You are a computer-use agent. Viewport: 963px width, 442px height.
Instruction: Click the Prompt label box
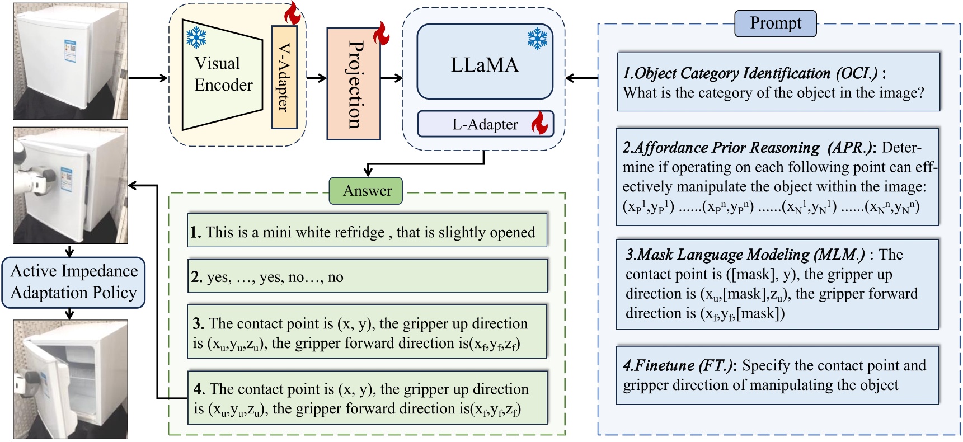tap(775, 23)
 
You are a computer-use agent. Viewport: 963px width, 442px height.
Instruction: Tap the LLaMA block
tap(485, 63)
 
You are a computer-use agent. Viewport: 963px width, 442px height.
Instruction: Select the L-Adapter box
tap(485, 124)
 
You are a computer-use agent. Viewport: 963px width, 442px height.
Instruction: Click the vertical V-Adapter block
tap(284, 77)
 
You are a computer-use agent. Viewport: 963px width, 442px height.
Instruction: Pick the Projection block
tap(354, 84)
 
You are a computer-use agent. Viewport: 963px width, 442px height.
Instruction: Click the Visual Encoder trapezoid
tap(222, 74)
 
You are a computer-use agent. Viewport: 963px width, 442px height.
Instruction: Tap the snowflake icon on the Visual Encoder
tap(196, 38)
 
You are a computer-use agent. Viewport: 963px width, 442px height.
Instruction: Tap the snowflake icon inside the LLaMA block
tap(537, 39)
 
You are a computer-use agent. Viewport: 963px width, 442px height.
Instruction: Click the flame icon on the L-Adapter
tap(539, 123)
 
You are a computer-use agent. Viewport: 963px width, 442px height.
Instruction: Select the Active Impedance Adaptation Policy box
tap(73, 282)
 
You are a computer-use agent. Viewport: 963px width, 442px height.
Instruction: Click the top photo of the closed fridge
tap(71, 61)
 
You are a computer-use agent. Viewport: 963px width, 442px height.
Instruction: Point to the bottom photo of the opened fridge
tap(71, 379)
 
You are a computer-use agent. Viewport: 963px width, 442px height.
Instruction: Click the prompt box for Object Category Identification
tap(778, 82)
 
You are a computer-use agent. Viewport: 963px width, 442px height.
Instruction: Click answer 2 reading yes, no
tap(367, 276)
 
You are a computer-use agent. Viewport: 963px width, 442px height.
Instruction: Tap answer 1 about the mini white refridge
tap(367, 231)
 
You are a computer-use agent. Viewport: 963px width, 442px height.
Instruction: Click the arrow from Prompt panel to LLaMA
tap(582, 78)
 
